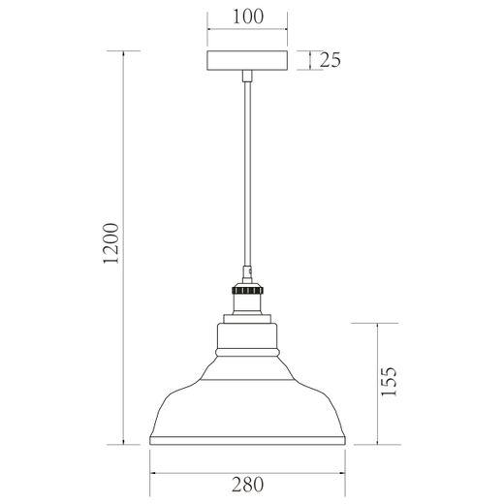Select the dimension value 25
point(330,61)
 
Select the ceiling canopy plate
point(248,61)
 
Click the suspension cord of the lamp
point(248,174)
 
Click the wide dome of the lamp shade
point(248,407)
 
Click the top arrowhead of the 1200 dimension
point(124,55)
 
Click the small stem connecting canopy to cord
point(248,78)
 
